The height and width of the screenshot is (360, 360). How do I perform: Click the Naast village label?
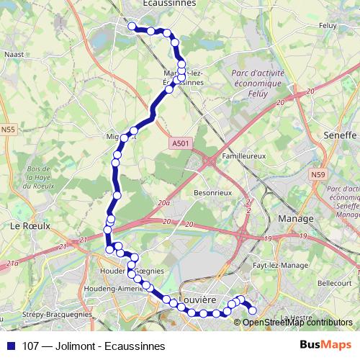(14, 53)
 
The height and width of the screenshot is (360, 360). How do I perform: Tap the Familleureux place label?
(244, 155)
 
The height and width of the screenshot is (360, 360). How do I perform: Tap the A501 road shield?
(181, 144)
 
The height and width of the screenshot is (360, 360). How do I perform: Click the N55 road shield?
(9, 130)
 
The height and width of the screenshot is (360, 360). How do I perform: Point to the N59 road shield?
(319, 175)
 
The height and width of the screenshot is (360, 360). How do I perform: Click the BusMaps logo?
(326, 345)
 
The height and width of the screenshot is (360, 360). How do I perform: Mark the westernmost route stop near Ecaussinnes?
(132, 27)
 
